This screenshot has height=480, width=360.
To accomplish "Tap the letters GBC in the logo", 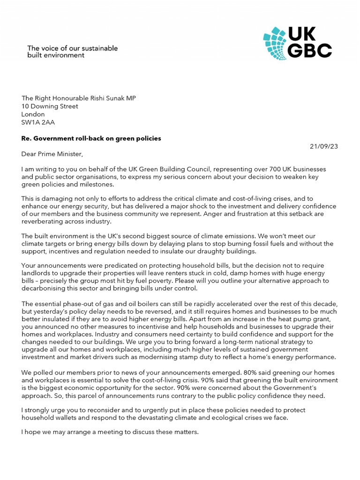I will coord(310,51).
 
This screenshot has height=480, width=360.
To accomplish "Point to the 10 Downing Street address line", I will coord(50,106).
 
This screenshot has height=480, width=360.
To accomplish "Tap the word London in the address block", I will coord(33,114).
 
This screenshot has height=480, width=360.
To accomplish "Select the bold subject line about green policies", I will coord(91,138).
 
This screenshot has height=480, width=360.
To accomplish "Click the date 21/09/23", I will coord(323,146).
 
